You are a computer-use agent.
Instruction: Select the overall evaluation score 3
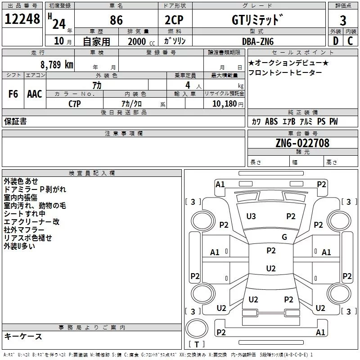[343, 20]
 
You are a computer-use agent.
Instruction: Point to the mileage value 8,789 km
[56, 64]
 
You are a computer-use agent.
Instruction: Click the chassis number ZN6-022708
[302, 143]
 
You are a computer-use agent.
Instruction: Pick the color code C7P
[75, 103]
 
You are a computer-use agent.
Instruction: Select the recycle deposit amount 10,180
[223, 103]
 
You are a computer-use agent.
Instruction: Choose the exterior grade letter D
[335, 41]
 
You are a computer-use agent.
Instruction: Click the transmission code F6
[13, 94]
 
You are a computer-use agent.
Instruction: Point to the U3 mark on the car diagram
[251, 216]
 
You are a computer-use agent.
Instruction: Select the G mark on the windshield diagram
[284, 237]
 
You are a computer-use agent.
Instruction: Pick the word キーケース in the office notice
[23, 337]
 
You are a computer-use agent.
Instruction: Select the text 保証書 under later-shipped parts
[15, 121]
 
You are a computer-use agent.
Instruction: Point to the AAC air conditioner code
[35, 94]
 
